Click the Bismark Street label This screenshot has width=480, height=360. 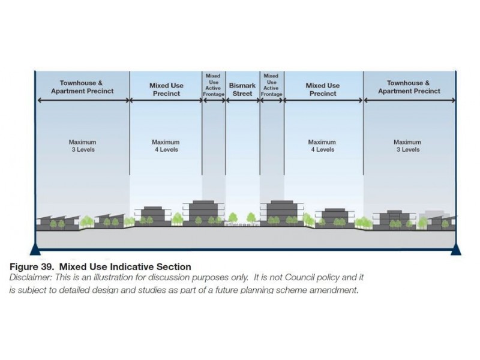tap(242, 89)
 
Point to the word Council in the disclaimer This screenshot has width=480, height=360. tap(299, 278)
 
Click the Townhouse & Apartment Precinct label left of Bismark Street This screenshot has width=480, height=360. tap(82, 87)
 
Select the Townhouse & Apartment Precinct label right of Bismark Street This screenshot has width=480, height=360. tap(409, 87)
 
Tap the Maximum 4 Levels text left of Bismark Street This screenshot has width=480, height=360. tap(166, 146)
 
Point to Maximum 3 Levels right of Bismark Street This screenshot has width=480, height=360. tap(407, 146)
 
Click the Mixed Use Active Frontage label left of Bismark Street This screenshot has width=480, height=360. tap(214, 85)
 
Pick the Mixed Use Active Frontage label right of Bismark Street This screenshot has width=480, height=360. tap(272, 85)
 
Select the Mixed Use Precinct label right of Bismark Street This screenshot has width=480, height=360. tap(323, 89)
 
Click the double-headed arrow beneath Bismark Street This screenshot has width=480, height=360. tap(242, 100)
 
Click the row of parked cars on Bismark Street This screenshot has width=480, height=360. tap(242, 224)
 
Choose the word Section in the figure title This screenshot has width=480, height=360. tap(174, 266)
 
